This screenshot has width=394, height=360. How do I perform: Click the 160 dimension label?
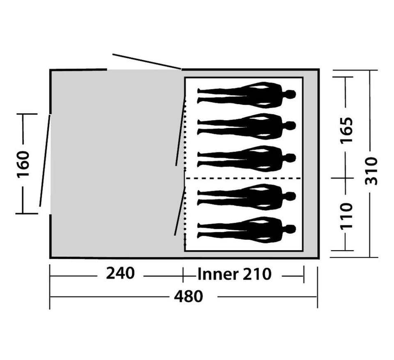pyautogui.click(x=23, y=164)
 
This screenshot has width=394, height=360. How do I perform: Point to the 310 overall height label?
pyautogui.click(x=371, y=171)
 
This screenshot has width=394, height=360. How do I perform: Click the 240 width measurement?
pyautogui.click(x=120, y=273)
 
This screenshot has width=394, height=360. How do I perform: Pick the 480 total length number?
pyautogui.click(x=188, y=296)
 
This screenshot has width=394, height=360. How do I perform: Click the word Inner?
pyautogui.click(x=218, y=274)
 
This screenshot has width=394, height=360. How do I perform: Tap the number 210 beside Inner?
pyautogui.click(x=257, y=274)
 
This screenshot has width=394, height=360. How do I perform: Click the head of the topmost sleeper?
pyautogui.click(x=291, y=94)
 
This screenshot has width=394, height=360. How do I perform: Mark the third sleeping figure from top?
pyautogui.click(x=247, y=159)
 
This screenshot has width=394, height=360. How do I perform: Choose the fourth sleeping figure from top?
pyautogui.click(x=247, y=197)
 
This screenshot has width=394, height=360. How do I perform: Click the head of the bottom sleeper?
pyautogui.click(x=291, y=229)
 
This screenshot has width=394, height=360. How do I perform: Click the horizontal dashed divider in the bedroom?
pyautogui.click(x=243, y=178)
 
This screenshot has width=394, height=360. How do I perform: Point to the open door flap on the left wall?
pyautogui.click(x=45, y=160)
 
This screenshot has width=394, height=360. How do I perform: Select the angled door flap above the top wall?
pyautogui.click(x=147, y=61)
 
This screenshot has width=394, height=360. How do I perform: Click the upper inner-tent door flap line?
pyautogui.click(x=181, y=130)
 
